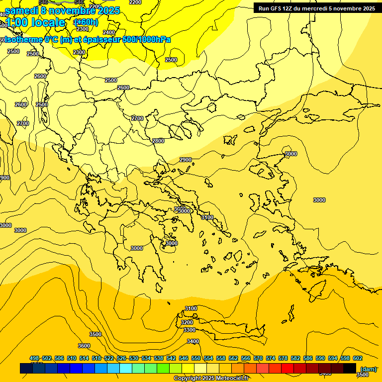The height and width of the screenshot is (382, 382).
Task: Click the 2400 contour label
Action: click(x=108, y=32)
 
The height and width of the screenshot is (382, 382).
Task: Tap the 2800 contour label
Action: click(x=158, y=141)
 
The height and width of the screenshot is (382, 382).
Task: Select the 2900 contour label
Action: click(x=186, y=160)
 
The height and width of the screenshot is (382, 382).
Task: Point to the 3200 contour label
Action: click(x=187, y=322)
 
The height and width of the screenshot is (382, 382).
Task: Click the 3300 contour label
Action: click(x=190, y=330)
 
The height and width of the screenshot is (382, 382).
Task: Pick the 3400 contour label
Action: click(x=192, y=341)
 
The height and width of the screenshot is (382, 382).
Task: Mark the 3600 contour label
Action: click(x=84, y=346)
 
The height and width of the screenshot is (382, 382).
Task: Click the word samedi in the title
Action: click(x=21, y=10)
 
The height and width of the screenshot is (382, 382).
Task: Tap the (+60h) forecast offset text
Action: click(x=86, y=22)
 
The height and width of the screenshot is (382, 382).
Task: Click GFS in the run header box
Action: click(x=277, y=8)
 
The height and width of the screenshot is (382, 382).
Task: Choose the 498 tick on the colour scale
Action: click(x=34, y=358)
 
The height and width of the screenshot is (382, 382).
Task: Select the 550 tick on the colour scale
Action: click(x=196, y=358)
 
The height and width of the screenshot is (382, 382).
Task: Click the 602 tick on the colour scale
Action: click(x=358, y=358)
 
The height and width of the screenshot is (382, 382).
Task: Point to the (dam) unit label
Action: click(x=368, y=369)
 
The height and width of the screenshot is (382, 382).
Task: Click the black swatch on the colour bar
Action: click(x=350, y=368)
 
